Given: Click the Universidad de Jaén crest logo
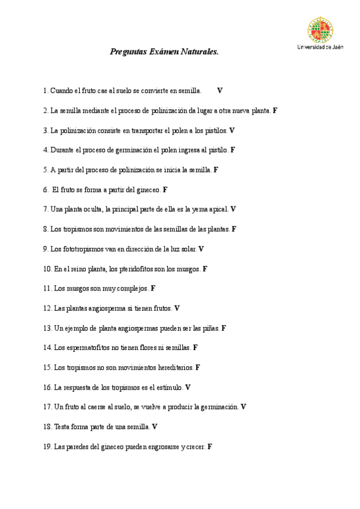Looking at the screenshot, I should pos(320,29).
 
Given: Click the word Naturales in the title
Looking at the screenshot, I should pos(199,52).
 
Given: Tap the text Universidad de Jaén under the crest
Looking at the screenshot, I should pos(320,47).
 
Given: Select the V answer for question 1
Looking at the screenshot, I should pos(220,91).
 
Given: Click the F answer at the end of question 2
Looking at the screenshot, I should pos(275,110).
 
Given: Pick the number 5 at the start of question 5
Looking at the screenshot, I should pos(45,170).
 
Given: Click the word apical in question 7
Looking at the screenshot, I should pos(217,209).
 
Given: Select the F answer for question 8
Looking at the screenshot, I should pos(234,229).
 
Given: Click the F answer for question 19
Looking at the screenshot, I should pos(210,447).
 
